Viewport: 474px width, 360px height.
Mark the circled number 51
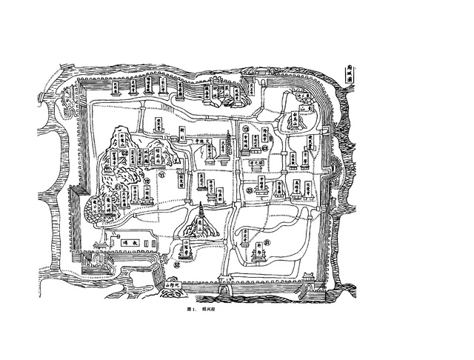267,241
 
